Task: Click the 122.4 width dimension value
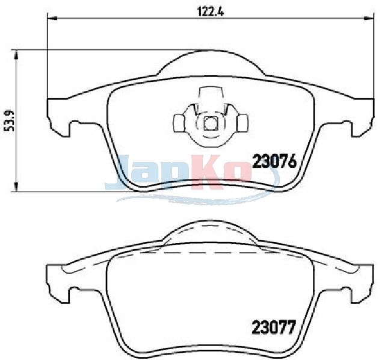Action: tap(211, 11)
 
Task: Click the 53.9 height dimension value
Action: tap(10, 121)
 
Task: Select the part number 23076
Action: tap(274, 162)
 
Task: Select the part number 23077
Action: tap(273, 327)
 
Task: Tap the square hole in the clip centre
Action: tap(211, 123)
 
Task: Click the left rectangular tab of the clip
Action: tap(178, 123)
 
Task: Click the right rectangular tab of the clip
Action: tap(243, 123)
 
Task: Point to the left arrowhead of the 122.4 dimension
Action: tap(52, 18)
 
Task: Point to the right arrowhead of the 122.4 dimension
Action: tap(369, 18)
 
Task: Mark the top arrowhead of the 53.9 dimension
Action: tap(16, 55)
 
